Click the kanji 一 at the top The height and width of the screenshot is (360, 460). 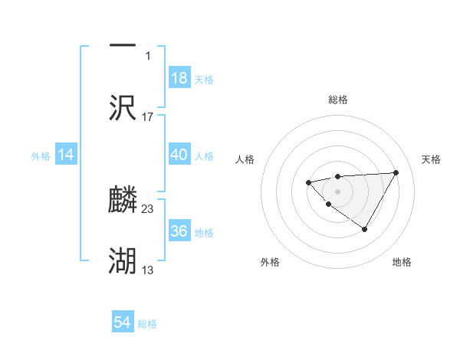click(123, 44)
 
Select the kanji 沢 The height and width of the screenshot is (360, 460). click(123, 107)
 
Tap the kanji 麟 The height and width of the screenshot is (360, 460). click(123, 200)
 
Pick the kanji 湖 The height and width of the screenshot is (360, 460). click(123, 261)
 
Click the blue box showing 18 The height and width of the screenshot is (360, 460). click(179, 78)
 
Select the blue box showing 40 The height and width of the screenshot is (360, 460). click(179, 155)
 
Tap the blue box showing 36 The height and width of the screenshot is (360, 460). click(179, 231)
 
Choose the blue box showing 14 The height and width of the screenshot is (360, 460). click(66, 155)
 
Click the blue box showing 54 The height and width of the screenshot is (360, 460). click(123, 322)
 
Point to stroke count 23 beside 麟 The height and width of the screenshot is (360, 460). click(148, 208)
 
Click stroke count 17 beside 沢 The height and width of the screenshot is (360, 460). click(148, 116)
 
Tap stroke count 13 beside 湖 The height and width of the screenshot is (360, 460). click(148, 270)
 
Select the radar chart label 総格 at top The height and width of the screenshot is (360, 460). click(337, 100)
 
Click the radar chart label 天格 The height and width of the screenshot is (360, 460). click(432, 159)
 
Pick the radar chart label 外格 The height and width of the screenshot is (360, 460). click(270, 262)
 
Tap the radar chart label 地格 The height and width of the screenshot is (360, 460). click(402, 262)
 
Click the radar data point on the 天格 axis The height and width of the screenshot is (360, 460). click(396, 172)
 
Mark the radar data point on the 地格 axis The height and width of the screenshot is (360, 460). click(365, 229)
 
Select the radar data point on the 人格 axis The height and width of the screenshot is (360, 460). click(308, 182)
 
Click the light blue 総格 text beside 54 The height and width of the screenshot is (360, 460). click(147, 324)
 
